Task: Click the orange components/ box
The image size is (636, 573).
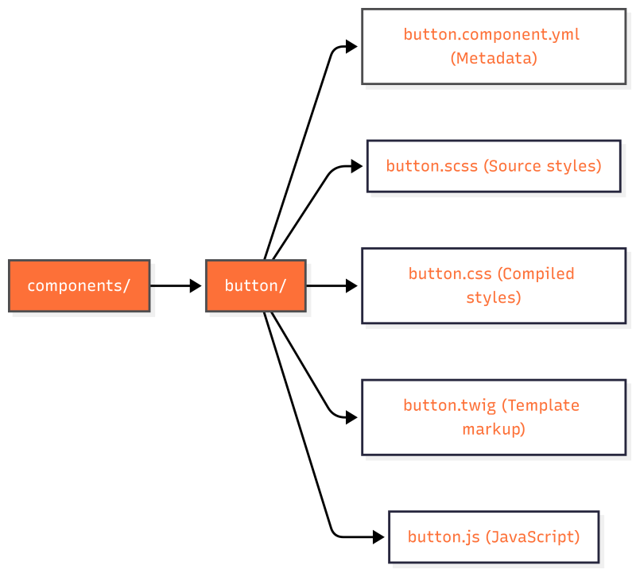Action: click(79, 285)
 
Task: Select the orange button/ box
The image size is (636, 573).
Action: click(255, 285)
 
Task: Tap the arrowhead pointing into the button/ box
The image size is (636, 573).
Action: click(196, 285)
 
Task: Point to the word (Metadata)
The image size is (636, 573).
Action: click(494, 58)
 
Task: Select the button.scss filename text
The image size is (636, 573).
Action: click(432, 166)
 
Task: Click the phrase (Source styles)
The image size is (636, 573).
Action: click(542, 166)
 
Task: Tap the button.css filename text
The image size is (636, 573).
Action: click(451, 273)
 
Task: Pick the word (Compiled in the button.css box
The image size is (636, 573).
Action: click(536, 273)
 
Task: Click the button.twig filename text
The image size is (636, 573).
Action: click(449, 405)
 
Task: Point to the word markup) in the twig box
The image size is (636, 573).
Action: click(494, 429)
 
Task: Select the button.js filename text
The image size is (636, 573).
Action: click(444, 536)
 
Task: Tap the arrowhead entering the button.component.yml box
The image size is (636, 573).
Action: click(352, 46)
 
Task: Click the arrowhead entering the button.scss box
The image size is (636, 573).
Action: click(357, 166)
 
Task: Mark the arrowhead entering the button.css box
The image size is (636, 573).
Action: click(352, 285)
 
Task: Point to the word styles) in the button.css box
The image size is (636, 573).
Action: click(494, 297)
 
